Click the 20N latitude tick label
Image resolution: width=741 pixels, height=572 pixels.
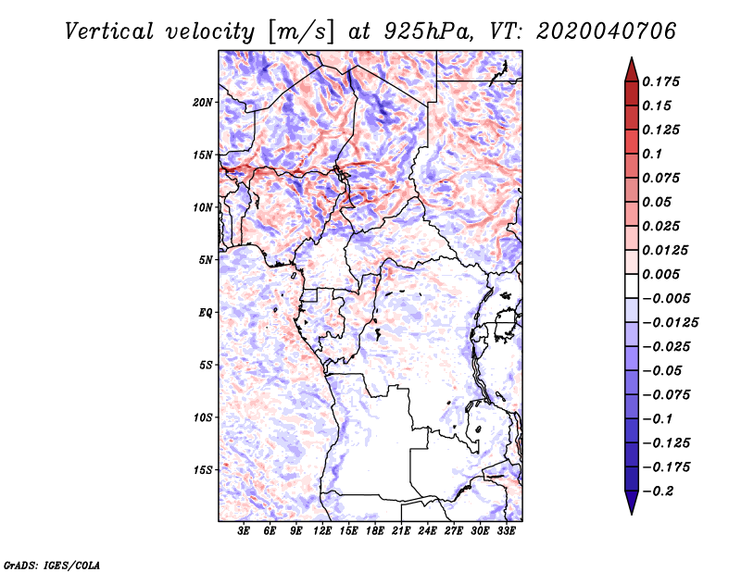point(204,102)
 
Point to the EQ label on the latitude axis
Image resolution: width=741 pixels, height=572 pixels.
point(206,312)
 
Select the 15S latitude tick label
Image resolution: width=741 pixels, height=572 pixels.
point(204,469)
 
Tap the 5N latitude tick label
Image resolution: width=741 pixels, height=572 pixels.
point(206,259)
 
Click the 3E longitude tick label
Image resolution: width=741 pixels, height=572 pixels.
point(245,531)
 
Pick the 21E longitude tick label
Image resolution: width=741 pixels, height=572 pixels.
point(402,531)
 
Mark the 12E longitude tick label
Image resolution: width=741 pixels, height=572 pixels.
point(323,531)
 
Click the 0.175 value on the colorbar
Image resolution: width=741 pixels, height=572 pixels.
point(660,81)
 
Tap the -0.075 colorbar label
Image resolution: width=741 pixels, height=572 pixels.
point(663,394)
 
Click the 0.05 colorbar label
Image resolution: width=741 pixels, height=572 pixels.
point(657,202)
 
